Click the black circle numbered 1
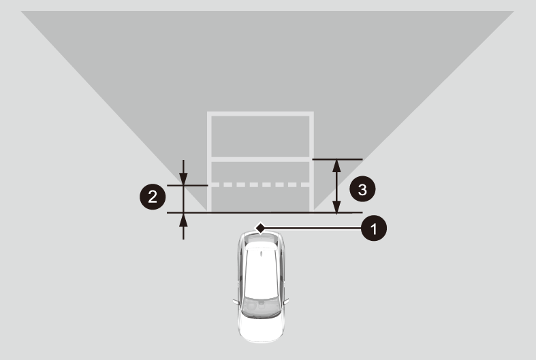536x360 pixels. point(374,228)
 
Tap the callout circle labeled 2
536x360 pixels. point(153,197)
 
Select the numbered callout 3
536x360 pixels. point(362,189)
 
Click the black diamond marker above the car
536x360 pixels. point(260,228)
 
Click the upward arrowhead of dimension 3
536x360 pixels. point(336,166)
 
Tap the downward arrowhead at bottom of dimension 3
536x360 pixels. point(336,206)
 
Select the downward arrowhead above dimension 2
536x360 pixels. point(183,179)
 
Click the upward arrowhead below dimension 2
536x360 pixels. point(183,220)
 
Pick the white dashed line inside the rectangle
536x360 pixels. point(260,185)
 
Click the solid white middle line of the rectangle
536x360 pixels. point(260,159)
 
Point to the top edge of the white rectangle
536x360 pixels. point(260,114)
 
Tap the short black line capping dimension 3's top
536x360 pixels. point(337,159)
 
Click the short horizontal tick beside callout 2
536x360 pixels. point(187,186)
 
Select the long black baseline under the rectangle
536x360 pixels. point(264,213)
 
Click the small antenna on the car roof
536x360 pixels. point(261,254)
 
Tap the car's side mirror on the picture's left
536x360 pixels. point(236,302)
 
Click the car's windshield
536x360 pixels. point(260,307)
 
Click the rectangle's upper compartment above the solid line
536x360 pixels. point(260,137)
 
